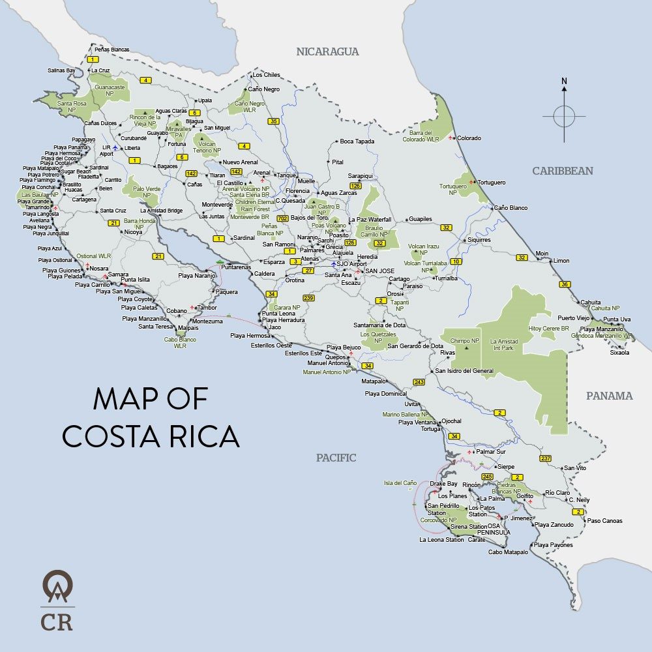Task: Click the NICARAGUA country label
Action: pos(327,52)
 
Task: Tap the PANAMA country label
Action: pos(609,396)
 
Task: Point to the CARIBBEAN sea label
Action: pos(563,171)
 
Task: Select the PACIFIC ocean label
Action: pos(336,458)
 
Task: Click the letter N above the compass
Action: pos(564,81)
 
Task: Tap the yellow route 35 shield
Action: pos(273,121)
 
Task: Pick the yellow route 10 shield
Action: pos(456,261)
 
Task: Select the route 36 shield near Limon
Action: pos(565,284)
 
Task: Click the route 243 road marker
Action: pos(419,382)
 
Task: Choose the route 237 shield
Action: pos(546,458)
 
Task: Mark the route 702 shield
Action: pos(282,218)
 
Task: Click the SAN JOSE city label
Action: pos(379,271)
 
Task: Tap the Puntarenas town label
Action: pos(236,267)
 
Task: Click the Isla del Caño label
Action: pos(400,483)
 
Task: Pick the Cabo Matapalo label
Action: pos(508,552)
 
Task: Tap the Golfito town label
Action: pos(524,496)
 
